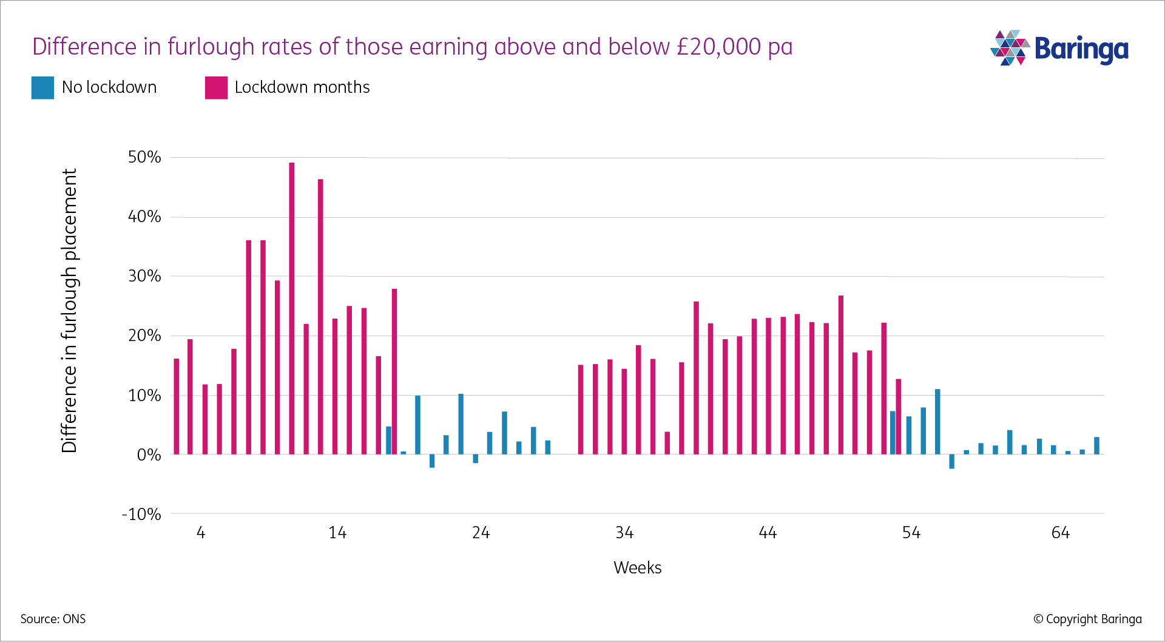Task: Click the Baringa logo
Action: (x=1059, y=49)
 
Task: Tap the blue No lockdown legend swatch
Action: (x=42, y=88)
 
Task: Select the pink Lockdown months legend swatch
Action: (x=217, y=88)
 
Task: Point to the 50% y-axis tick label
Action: (x=144, y=157)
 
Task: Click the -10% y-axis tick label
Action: (x=142, y=515)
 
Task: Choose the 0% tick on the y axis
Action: (x=149, y=455)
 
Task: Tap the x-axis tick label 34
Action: (x=624, y=533)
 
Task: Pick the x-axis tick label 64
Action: (x=1060, y=533)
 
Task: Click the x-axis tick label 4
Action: (x=201, y=533)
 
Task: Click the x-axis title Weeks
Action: (x=637, y=568)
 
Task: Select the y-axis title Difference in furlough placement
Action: (x=70, y=310)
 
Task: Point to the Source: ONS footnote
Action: (x=53, y=619)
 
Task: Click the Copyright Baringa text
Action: (x=1087, y=619)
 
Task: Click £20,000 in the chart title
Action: (x=718, y=47)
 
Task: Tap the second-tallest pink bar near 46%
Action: (x=321, y=316)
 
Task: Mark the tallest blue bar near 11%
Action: (x=937, y=422)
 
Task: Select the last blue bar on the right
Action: (x=1096, y=445)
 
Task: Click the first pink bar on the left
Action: (x=177, y=407)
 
